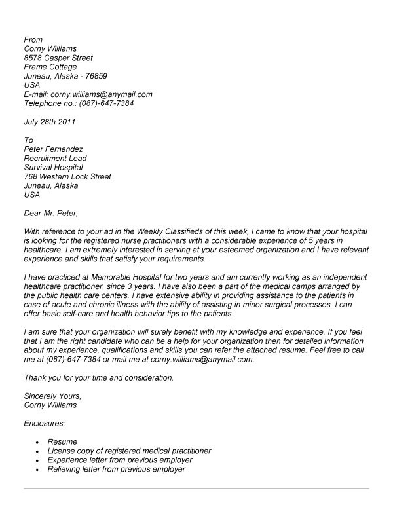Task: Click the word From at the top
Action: [x=33, y=39]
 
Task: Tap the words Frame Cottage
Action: [x=50, y=67]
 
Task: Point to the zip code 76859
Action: [x=103, y=76]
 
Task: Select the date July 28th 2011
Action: [x=50, y=122]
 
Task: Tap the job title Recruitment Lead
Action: [x=55, y=159]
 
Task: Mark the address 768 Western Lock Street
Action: [x=67, y=177]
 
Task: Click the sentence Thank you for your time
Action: [x=98, y=378]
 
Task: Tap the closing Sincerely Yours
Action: [x=52, y=396]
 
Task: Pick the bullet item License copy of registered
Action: [x=130, y=451]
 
